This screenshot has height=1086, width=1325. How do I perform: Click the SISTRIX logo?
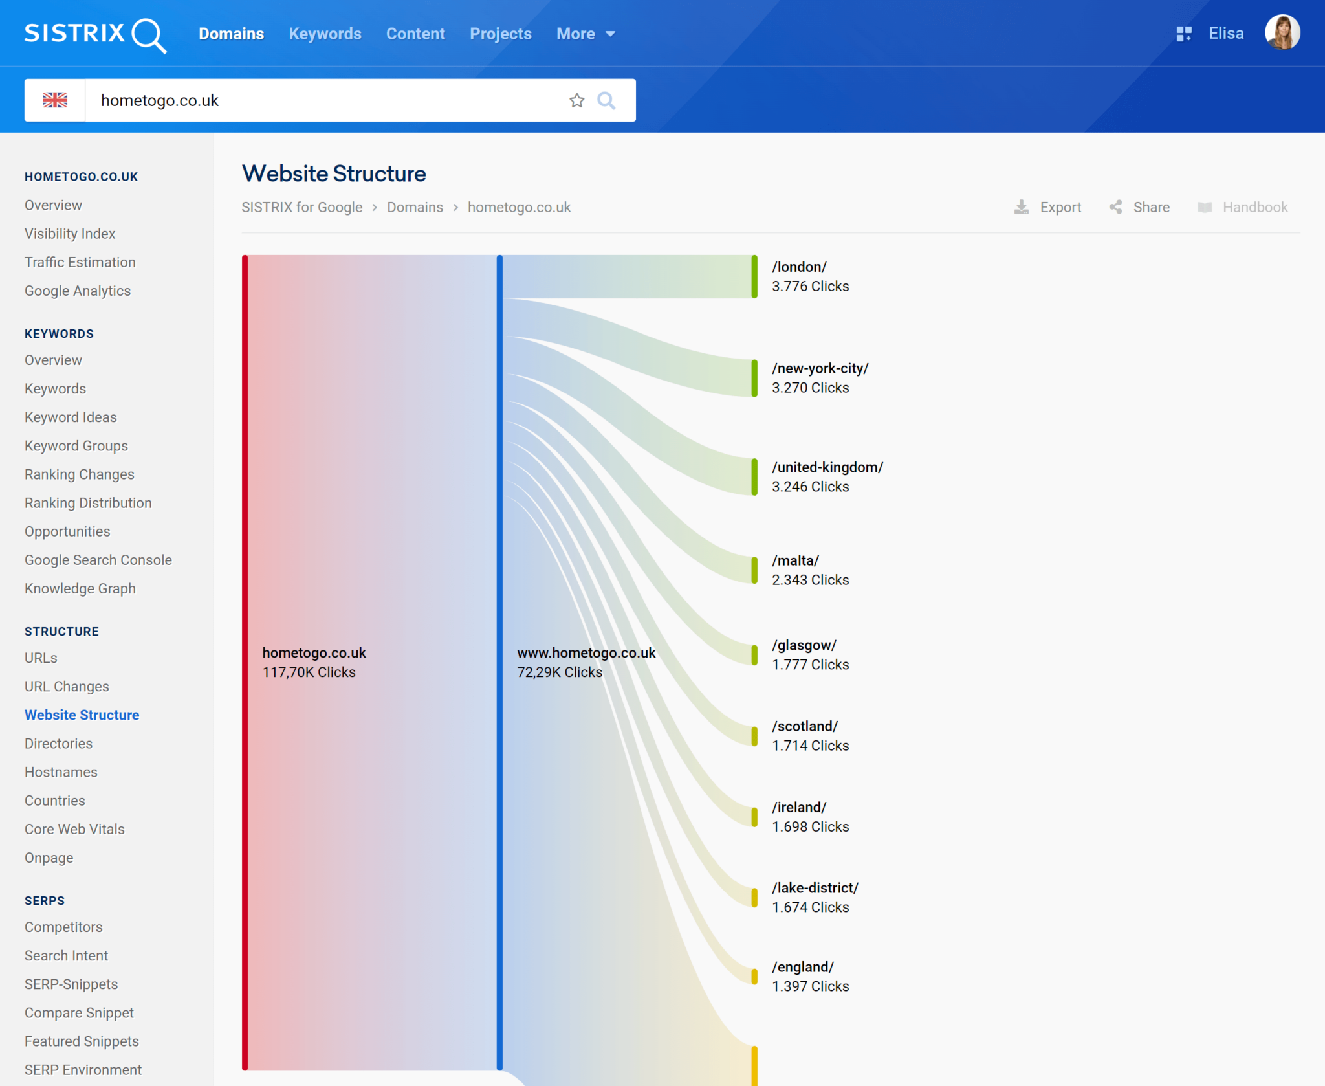click(x=95, y=34)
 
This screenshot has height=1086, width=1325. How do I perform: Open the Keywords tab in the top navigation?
click(x=325, y=34)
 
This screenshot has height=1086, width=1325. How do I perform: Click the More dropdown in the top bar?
click(x=586, y=34)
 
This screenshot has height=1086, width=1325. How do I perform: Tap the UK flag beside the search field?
click(x=55, y=100)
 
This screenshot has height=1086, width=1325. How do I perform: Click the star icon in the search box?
click(x=576, y=100)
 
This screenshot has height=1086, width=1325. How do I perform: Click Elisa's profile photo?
click(x=1282, y=32)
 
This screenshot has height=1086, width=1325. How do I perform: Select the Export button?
click(x=1048, y=207)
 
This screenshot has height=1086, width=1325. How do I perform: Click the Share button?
click(x=1140, y=207)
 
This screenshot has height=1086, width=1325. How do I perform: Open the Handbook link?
click(x=1243, y=207)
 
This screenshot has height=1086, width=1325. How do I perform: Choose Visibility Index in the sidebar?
click(x=70, y=234)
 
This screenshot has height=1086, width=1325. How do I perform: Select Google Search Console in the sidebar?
click(x=98, y=560)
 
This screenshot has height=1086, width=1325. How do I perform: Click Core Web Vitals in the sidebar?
click(x=74, y=829)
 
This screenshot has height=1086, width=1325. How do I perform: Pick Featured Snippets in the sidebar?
click(x=82, y=1041)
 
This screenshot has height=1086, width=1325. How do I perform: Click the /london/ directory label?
click(x=799, y=267)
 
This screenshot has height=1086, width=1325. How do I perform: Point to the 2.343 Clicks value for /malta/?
click(x=810, y=580)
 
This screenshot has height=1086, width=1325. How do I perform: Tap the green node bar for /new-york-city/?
click(x=754, y=378)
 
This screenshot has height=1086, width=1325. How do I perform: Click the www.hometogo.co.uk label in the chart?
click(x=586, y=653)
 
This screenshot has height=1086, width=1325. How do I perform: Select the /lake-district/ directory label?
click(x=815, y=888)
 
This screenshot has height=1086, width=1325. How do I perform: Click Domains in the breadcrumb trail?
click(x=415, y=207)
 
